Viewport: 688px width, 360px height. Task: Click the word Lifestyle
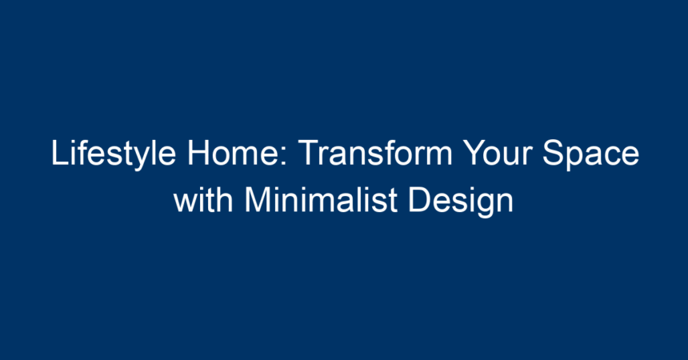tap(114, 154)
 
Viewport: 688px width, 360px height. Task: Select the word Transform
tap(375, 152)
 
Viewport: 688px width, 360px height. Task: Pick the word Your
tap(498, 152)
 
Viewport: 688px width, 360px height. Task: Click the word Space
tap(591, 154)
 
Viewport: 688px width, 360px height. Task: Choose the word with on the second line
tap(202, 200)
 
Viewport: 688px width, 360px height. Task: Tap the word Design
tap(461, 202)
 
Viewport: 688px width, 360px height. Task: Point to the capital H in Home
tap(198, 152)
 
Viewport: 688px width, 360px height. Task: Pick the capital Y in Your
tap(476, 152)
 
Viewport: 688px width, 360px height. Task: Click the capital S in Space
tap(554, 152)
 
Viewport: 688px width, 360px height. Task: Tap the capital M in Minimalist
tap(257, 200)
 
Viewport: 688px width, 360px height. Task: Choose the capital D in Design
tap(419, 200)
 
